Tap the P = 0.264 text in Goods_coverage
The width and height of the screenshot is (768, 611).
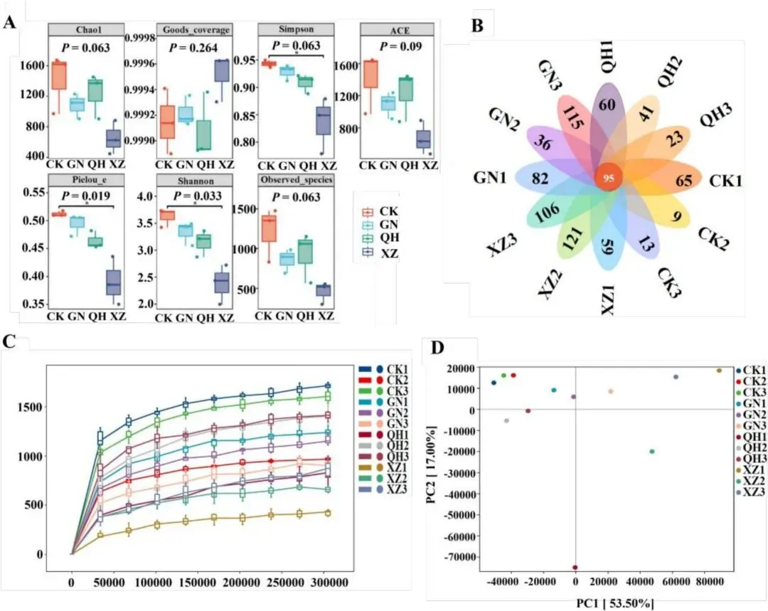click(181, 47)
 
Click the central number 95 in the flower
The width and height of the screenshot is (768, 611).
click(608, 179)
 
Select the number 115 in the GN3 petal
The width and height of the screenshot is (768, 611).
click(573, 118)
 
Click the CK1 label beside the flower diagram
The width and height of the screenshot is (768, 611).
click(726, 181)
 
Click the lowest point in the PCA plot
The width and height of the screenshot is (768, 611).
click(575, 568)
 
